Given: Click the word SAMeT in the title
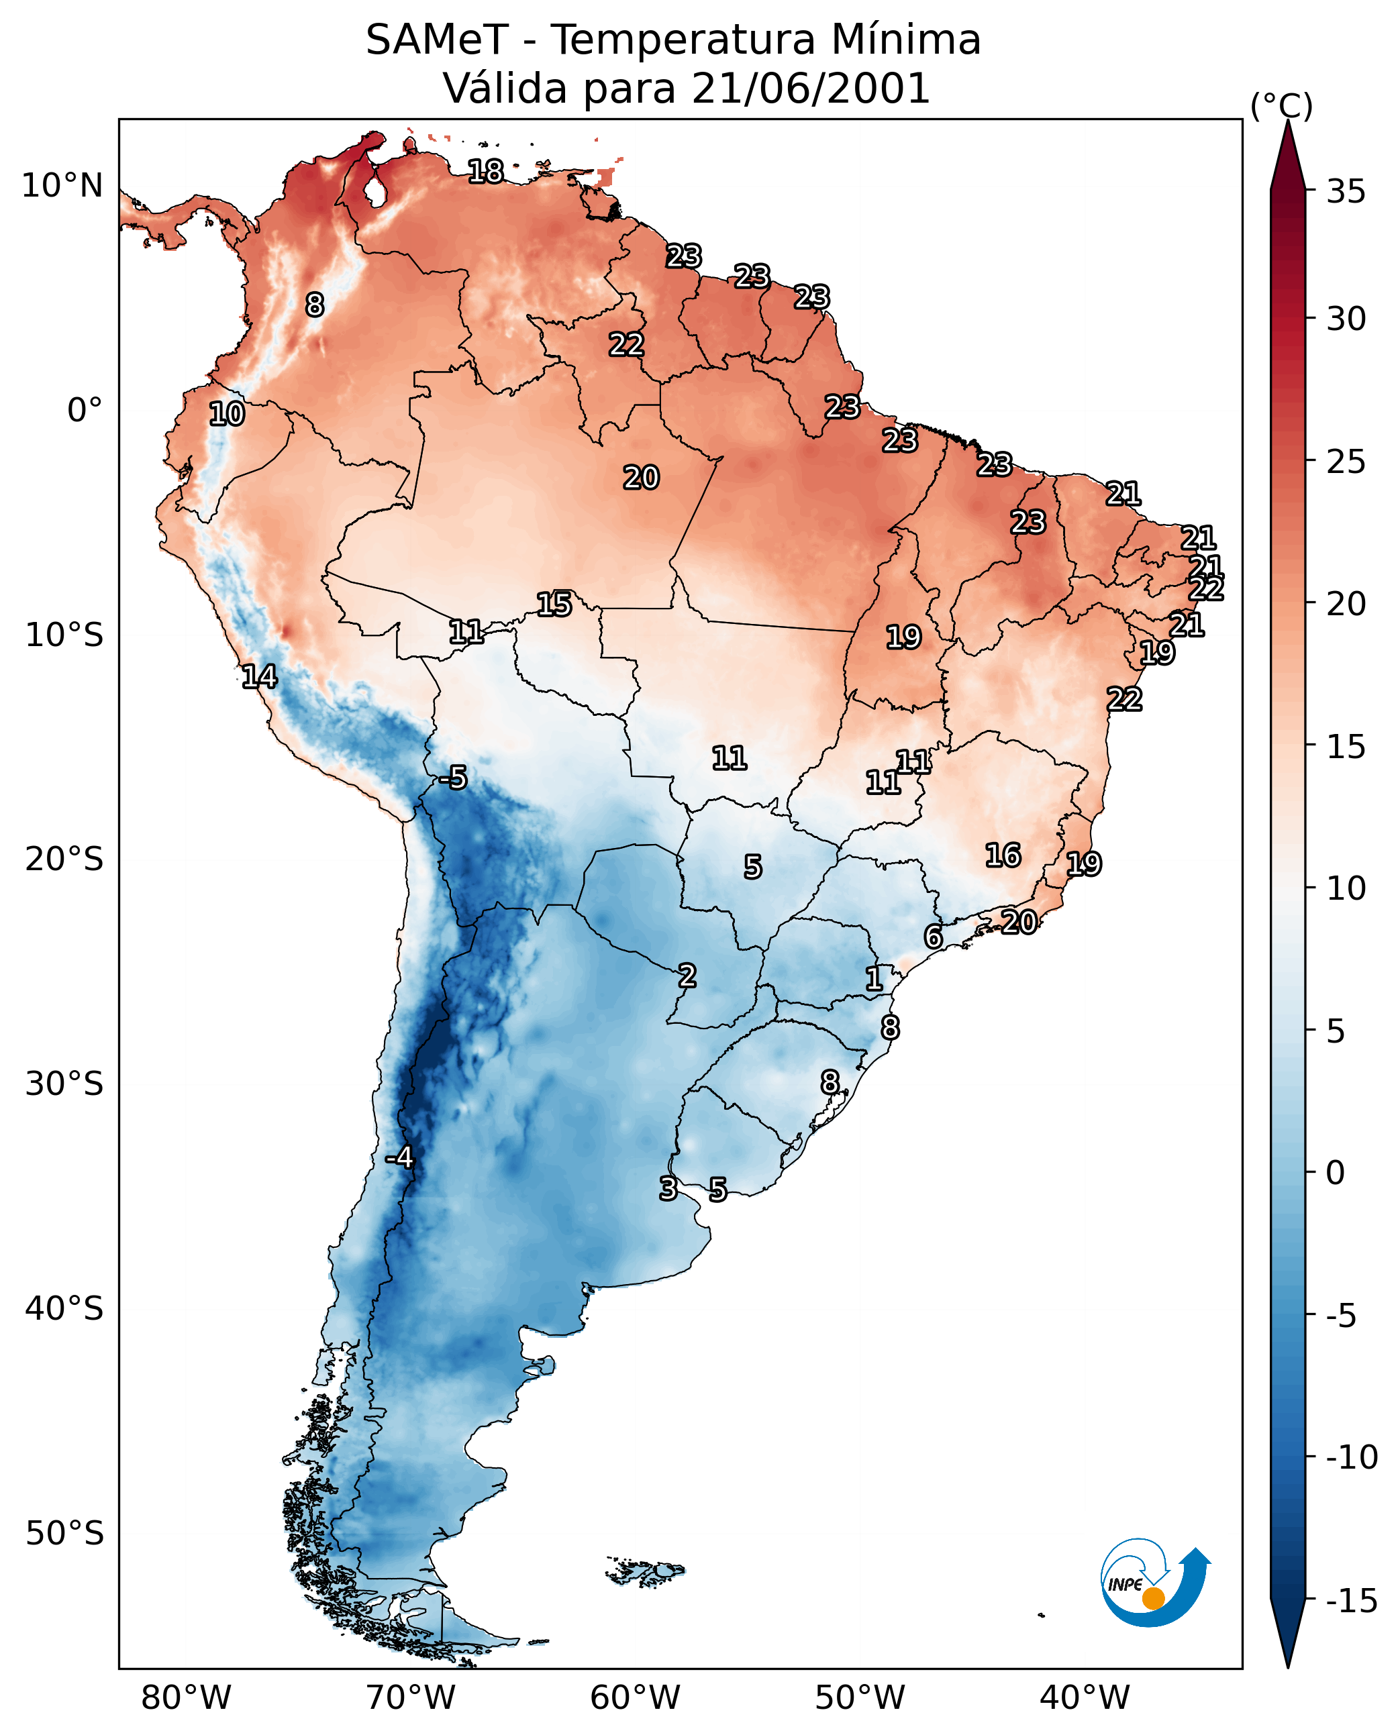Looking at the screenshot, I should point(436,40).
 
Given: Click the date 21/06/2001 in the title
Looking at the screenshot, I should point(811,89).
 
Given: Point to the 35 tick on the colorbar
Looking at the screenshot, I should point(1346,192).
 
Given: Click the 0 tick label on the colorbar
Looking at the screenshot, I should point(1336,1173).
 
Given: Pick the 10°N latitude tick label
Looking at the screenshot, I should point(62,187).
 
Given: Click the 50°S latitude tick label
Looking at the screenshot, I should point(64,1532).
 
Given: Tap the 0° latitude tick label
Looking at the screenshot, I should point(85,411).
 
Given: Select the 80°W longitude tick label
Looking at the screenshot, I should point(187,1698).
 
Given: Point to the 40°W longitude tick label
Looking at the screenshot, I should point(1085,1698).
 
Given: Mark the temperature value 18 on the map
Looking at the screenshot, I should point(485,172).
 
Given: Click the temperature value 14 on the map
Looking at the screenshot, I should point(259,676).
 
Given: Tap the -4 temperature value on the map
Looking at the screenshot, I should point(399,1158).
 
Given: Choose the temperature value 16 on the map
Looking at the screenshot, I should point(1003,855).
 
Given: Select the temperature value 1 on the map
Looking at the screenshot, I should point(873,980).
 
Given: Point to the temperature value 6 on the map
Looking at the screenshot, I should point(933,937).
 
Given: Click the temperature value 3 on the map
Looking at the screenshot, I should point(668,1188).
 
